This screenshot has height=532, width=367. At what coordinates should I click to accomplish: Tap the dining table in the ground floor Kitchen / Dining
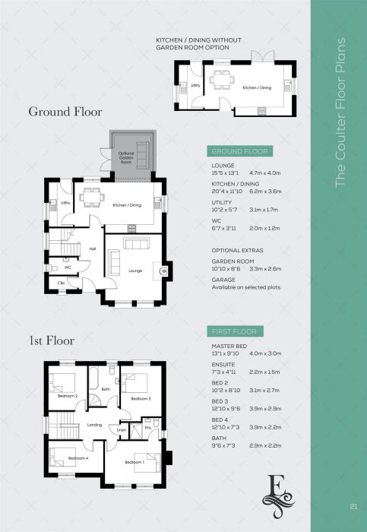pos(90,196)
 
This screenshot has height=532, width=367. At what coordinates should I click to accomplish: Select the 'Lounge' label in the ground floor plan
pos(135,270)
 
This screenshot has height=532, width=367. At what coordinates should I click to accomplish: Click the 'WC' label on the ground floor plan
pos(68,268)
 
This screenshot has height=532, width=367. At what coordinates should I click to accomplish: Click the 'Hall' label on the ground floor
pos(93,248)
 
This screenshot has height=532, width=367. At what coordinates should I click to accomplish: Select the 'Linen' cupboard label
pos(121,430)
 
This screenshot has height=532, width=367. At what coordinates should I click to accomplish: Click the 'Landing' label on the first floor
pos(95,424)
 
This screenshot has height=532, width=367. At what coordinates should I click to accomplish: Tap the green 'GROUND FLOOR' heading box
pos(235,150)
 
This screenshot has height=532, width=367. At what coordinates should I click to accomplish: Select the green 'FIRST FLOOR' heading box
pos(235,331)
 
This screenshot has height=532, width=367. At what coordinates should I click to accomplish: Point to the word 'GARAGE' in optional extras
pos(223,279)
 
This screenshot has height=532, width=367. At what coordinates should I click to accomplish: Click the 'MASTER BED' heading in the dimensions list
pos(228,346)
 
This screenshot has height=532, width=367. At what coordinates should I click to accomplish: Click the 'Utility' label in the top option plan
pos(195,86)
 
